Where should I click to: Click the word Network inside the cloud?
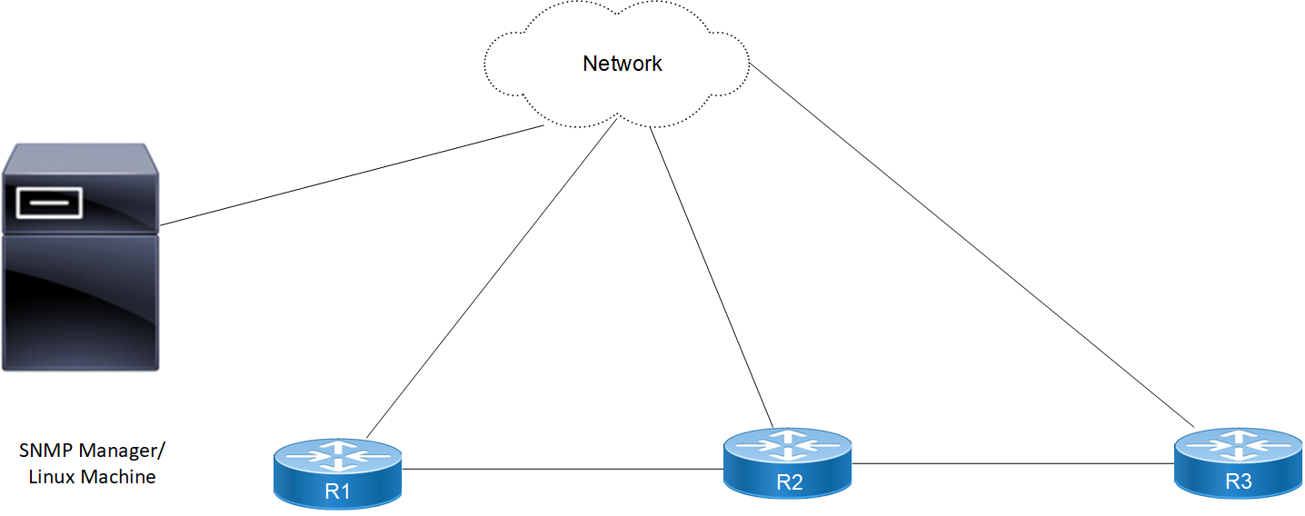tap(622, 64)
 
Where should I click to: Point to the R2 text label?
tap(789, 482)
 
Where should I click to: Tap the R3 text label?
tap(1238, 482)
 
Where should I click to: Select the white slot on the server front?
tap(48, 203)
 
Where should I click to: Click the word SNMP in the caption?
tap(45, 451)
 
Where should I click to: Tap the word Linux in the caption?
tap(52, 476)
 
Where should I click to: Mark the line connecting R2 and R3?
tap(1012, 464)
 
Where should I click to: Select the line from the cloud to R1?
tap(491, 278)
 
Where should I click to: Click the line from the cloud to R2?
tap(712, 276)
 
